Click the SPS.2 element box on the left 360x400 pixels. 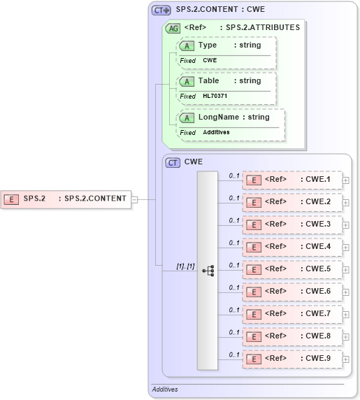(66, 199)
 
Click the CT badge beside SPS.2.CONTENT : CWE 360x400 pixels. (161, 10)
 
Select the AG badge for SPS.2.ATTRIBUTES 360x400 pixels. (172, 29)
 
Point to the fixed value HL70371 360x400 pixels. (216, 96)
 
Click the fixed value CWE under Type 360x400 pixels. (210, 60)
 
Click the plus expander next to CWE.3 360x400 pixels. (346, 224)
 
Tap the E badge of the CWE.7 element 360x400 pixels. (255, 314)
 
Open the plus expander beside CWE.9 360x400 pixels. (346, 359)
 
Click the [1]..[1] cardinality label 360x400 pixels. (185, 266)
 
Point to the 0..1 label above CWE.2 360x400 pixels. (234, 198)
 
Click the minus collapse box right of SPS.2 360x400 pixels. (136, 199)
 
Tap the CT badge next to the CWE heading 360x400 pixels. (173, 162)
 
